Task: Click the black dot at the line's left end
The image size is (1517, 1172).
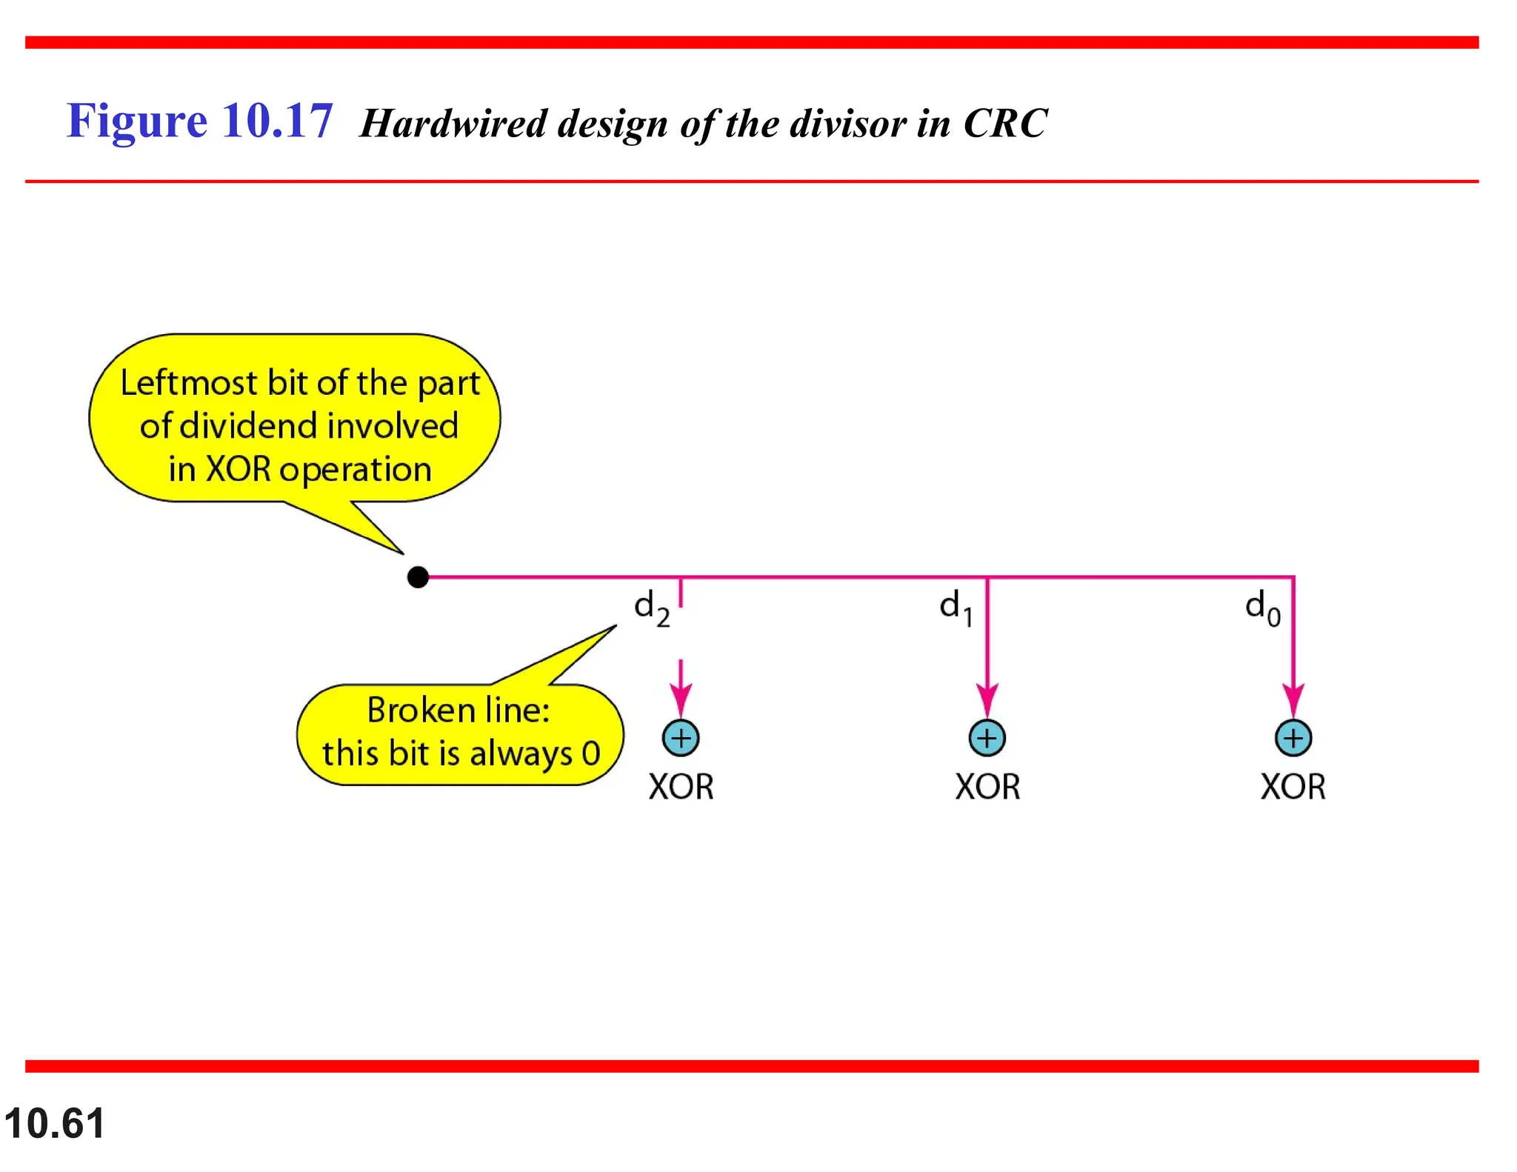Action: (418, 577)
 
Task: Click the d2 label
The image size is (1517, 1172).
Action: (651, 608)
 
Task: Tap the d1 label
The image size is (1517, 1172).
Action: (956, 607)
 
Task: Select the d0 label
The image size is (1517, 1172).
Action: (1262, 608)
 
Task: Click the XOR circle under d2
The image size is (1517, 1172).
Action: (681, 738)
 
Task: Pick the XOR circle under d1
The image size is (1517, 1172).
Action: (987, 738)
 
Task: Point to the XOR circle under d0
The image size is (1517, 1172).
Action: (1293, 738)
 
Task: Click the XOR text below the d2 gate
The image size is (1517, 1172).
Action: (681, 787)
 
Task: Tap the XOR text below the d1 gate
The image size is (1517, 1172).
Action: (987, 787)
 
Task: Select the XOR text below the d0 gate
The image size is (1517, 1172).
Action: (1293, 787)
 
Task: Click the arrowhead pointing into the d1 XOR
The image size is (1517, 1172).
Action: (987, 700)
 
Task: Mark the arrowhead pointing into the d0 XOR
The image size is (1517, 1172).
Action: (1293, 700)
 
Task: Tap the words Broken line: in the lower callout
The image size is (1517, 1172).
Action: (459, 710)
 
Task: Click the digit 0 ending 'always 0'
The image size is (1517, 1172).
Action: (590, 754)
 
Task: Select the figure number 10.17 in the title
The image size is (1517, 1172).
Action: (277, 121)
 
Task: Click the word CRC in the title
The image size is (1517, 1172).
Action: (1005, 123)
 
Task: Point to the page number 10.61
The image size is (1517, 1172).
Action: (54, 1123)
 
